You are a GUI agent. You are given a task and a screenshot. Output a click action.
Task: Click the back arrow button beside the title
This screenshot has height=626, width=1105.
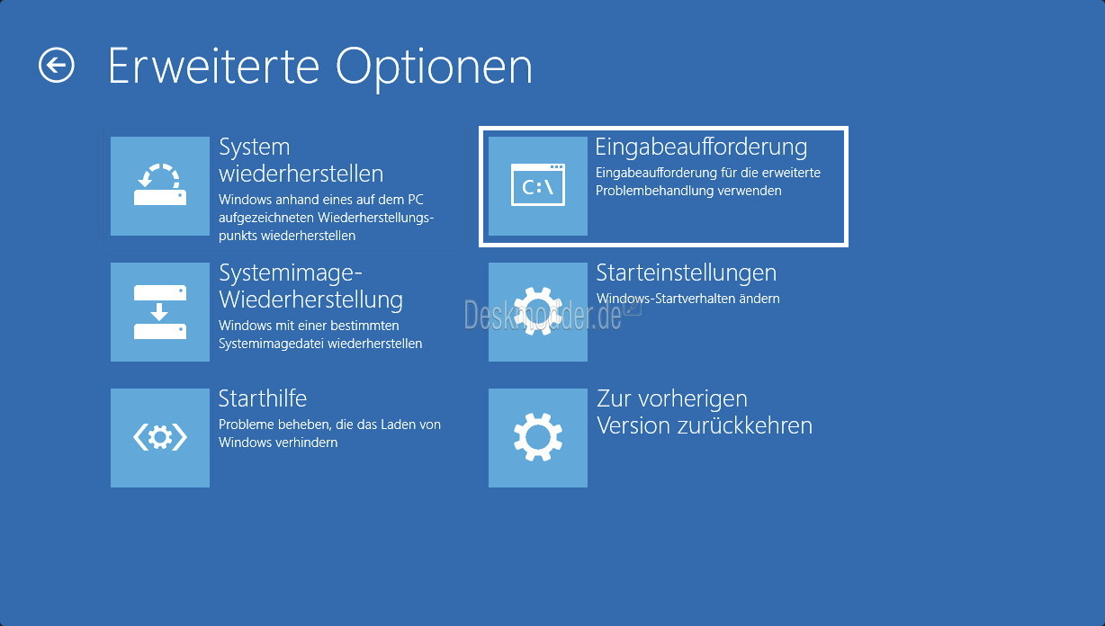(56, 65)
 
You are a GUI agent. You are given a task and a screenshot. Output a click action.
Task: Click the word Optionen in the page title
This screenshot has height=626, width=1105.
(434, 67)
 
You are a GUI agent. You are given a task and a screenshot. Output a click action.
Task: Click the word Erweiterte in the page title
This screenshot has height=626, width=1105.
(213, 66)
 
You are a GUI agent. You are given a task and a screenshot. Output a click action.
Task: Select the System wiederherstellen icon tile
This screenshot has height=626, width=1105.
(160, 186)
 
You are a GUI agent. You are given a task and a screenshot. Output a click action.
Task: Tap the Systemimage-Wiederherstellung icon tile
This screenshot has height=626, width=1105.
(160, 312)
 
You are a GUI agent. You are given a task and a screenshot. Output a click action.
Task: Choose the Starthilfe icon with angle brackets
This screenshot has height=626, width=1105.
(160, 438)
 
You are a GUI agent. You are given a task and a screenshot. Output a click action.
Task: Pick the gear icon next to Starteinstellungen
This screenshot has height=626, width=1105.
(538, 312)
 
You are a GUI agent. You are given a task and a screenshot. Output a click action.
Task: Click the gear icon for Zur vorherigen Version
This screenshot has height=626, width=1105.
(538, 438)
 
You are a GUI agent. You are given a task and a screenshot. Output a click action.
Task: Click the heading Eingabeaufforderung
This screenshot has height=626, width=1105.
(701, 147)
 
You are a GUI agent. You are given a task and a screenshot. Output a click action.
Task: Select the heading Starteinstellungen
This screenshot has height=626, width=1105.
(687, 273)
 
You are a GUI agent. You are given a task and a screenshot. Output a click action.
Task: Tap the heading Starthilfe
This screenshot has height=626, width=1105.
(263, 398)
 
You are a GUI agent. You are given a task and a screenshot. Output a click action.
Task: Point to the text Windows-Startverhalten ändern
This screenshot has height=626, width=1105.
(687, 299)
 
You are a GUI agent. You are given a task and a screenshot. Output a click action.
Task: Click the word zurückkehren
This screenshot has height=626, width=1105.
(745, 425)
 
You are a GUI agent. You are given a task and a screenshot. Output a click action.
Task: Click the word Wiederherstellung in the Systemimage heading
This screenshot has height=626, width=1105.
(310, 300)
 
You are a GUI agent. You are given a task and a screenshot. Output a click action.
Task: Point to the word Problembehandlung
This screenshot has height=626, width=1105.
(654, 191)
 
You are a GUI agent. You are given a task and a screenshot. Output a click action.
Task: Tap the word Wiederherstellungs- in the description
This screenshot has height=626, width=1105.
(376, 218)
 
